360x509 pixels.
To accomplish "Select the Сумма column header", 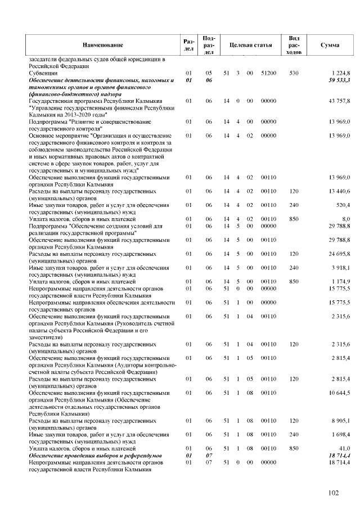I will point(329,44).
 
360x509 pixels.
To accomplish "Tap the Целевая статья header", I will point(247,44).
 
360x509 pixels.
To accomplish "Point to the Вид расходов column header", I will point(293,44).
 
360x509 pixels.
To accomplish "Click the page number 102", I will point(334,493).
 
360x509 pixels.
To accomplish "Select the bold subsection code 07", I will point(208,454).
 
